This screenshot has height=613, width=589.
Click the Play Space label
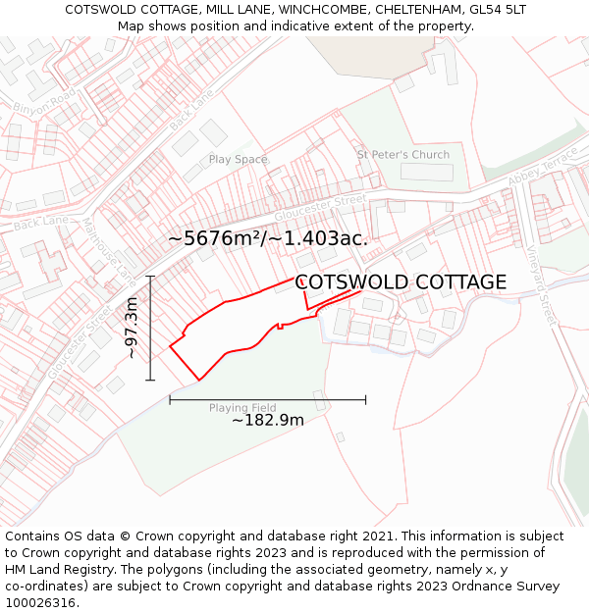pos(238,159)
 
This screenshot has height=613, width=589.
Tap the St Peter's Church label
pos(402,155)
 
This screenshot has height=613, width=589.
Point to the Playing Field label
pos(242,408)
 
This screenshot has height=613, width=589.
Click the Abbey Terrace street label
pos(544,169)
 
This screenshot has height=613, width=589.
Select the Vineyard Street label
pos(544,285)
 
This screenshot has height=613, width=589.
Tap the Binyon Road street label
pos(44,102)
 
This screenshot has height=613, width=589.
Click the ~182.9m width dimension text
pos(268,421)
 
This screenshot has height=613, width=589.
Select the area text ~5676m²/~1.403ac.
pos(268,238)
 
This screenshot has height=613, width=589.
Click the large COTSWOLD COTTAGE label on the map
pos(401,282)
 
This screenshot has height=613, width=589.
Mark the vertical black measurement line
pos(149,329)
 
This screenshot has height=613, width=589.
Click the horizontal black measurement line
pos(268,399)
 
